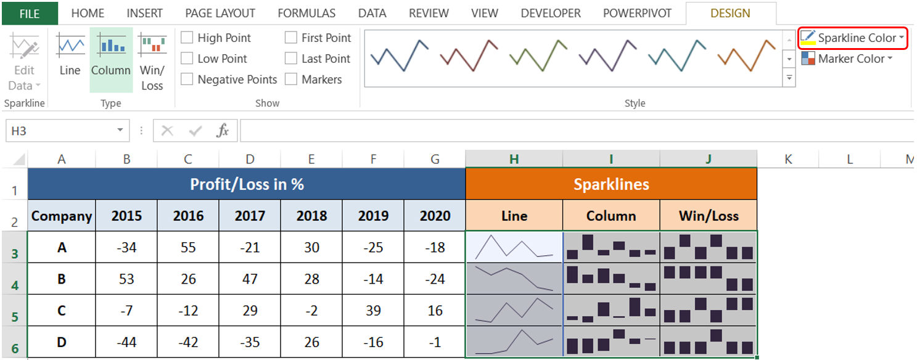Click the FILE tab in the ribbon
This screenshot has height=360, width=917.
[29, 13]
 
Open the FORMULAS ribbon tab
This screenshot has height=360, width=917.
[306, 13]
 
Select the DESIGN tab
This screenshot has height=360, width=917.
[730, 13]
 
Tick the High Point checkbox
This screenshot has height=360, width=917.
[187, 38]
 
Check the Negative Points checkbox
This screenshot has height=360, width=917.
[187, 80]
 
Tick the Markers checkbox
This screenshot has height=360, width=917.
[291, 80]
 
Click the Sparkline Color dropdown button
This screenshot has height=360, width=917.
[853, 38]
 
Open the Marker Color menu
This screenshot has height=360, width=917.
[847, 59]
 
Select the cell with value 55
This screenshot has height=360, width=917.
[188, 247]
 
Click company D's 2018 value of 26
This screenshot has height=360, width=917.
[311, 342]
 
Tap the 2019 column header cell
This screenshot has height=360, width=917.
[373, 216]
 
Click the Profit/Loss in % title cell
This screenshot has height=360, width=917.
[247, 184]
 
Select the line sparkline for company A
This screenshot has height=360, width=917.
[514, 247]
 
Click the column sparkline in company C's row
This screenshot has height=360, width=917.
[611, 311]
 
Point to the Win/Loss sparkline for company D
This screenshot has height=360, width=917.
[708, 342]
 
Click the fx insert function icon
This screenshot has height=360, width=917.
[223, 131]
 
